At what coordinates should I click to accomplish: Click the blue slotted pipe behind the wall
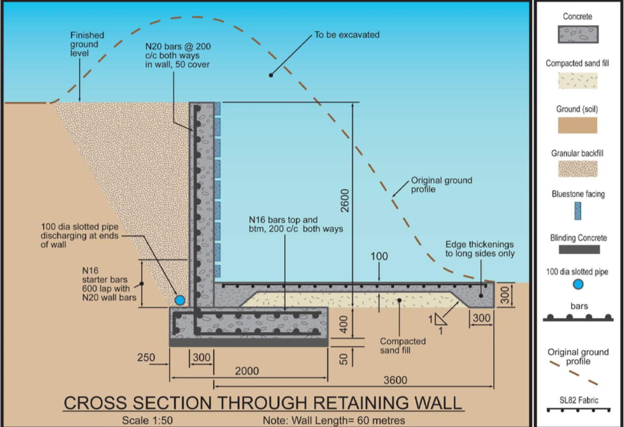click(x=180, y=300)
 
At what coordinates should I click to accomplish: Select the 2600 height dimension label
click(x=344, y=201)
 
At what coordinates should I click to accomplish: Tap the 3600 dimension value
click(x=395, y=380)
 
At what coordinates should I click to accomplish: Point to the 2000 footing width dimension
click(x=247, y=371)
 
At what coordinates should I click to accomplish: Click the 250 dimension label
click(x=146, y=358)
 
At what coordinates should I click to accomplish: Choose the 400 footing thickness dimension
click(x=344, y=324)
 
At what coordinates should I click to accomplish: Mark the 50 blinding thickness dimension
click(x=344, y=359)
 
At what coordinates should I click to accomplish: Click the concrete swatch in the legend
click(x=578, y=34)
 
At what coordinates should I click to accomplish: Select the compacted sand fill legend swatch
click(x=578, y=81)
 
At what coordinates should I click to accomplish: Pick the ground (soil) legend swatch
click(x=578, y=125)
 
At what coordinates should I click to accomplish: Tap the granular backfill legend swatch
click(x=578, y=169)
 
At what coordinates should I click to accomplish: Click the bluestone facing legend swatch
click(x=578, y=211)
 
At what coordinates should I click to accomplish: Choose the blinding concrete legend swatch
click(x=579, y=249)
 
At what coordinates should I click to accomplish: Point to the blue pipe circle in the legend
click(x=578, y=284)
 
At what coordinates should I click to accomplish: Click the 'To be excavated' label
click(x=346, y=35)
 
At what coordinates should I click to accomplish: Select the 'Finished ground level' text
click(x=87, y=44)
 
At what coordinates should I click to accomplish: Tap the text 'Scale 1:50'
click(x=148, y=420)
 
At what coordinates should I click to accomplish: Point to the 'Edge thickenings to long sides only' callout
click(x=480, y=249)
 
